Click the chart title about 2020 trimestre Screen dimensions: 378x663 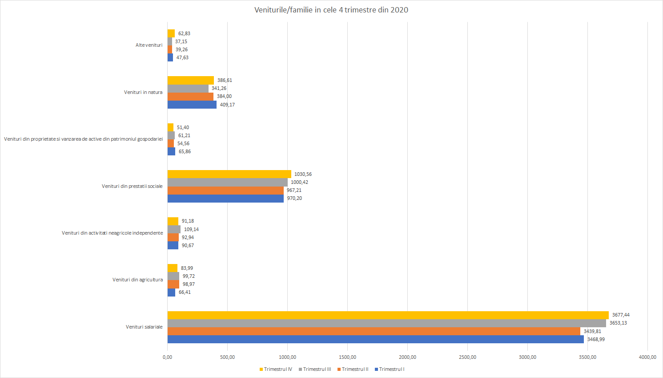(x=331, y=10)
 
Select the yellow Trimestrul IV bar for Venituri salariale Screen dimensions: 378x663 (x=388, y=315)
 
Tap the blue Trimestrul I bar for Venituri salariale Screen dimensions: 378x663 (x=375, y=339)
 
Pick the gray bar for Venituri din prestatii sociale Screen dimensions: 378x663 (x=227, y=183)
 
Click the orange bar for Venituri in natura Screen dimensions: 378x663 (x=190, y=97)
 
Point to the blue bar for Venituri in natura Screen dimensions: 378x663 (x=192, y=105)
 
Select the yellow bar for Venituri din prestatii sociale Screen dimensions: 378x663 (x=229, y=174)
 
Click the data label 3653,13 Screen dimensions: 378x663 (x=618, y=323)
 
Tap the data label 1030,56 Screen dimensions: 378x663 (x=303, y=174)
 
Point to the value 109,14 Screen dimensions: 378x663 (x=191, y=229)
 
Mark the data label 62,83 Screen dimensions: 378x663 (x=184, y=33)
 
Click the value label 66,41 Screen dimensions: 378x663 (x=185, y=292)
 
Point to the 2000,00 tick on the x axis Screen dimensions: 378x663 (x=407, y=357)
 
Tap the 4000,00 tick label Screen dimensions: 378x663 (x=647, y=357)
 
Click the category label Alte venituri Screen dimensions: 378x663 (x=149, y=45)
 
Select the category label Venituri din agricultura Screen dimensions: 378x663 (x=137, y=280)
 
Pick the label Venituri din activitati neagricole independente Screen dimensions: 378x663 (x=112, y=233)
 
